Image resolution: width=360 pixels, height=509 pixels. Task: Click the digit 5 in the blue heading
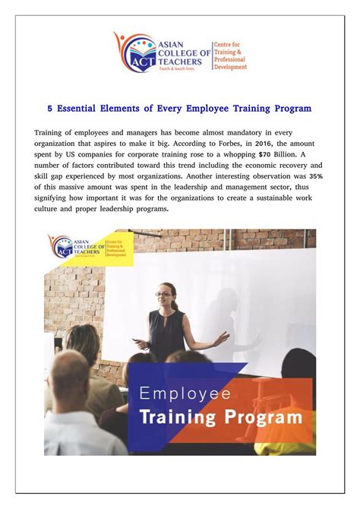tap(50, 109)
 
